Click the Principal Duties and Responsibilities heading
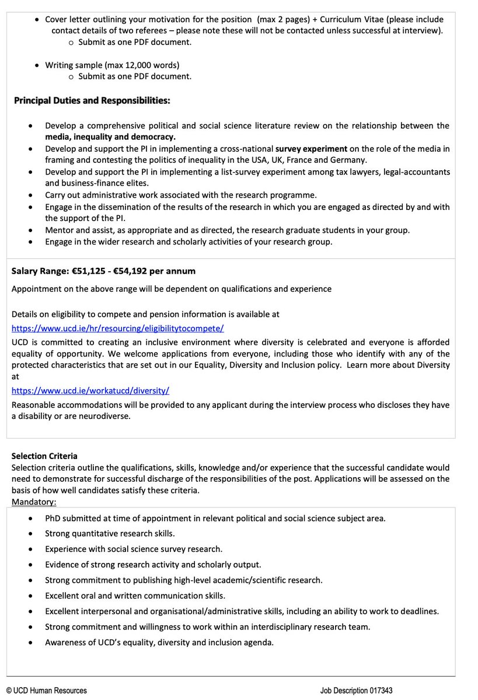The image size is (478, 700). [92, 101]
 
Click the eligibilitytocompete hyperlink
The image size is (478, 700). [117, 328]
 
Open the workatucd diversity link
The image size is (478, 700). [90, 390]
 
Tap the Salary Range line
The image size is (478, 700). [103, 271]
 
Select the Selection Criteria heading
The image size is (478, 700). [44, 456]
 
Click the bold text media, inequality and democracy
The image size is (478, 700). [110, 136]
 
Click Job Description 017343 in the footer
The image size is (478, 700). [356, 690]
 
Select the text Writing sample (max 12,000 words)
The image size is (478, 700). [112, 65]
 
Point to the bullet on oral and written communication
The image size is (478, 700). [135, 596]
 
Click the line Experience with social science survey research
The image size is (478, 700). [134, 549]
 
